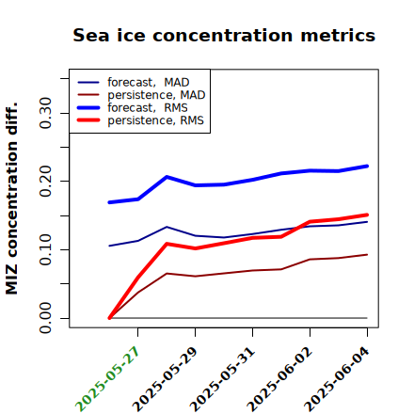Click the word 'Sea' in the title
pos(91,35)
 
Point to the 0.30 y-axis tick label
pos(45,113)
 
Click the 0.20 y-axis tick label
pos(45,181)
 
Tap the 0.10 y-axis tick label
pos(45,249)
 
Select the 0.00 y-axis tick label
pos(45,318)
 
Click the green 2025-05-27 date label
pos(107,379)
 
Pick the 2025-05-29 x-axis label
pos(165,379)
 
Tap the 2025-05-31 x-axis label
pos(222,379)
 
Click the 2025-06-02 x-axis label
pos(279,379)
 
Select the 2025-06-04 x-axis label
pos(337,379)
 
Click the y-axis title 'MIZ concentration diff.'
pos(11,199)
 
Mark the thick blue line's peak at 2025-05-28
pos(167,177)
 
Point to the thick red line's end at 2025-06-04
pos(367,215)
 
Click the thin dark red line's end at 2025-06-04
pos(367,254)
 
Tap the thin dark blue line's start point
pos(109,246)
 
